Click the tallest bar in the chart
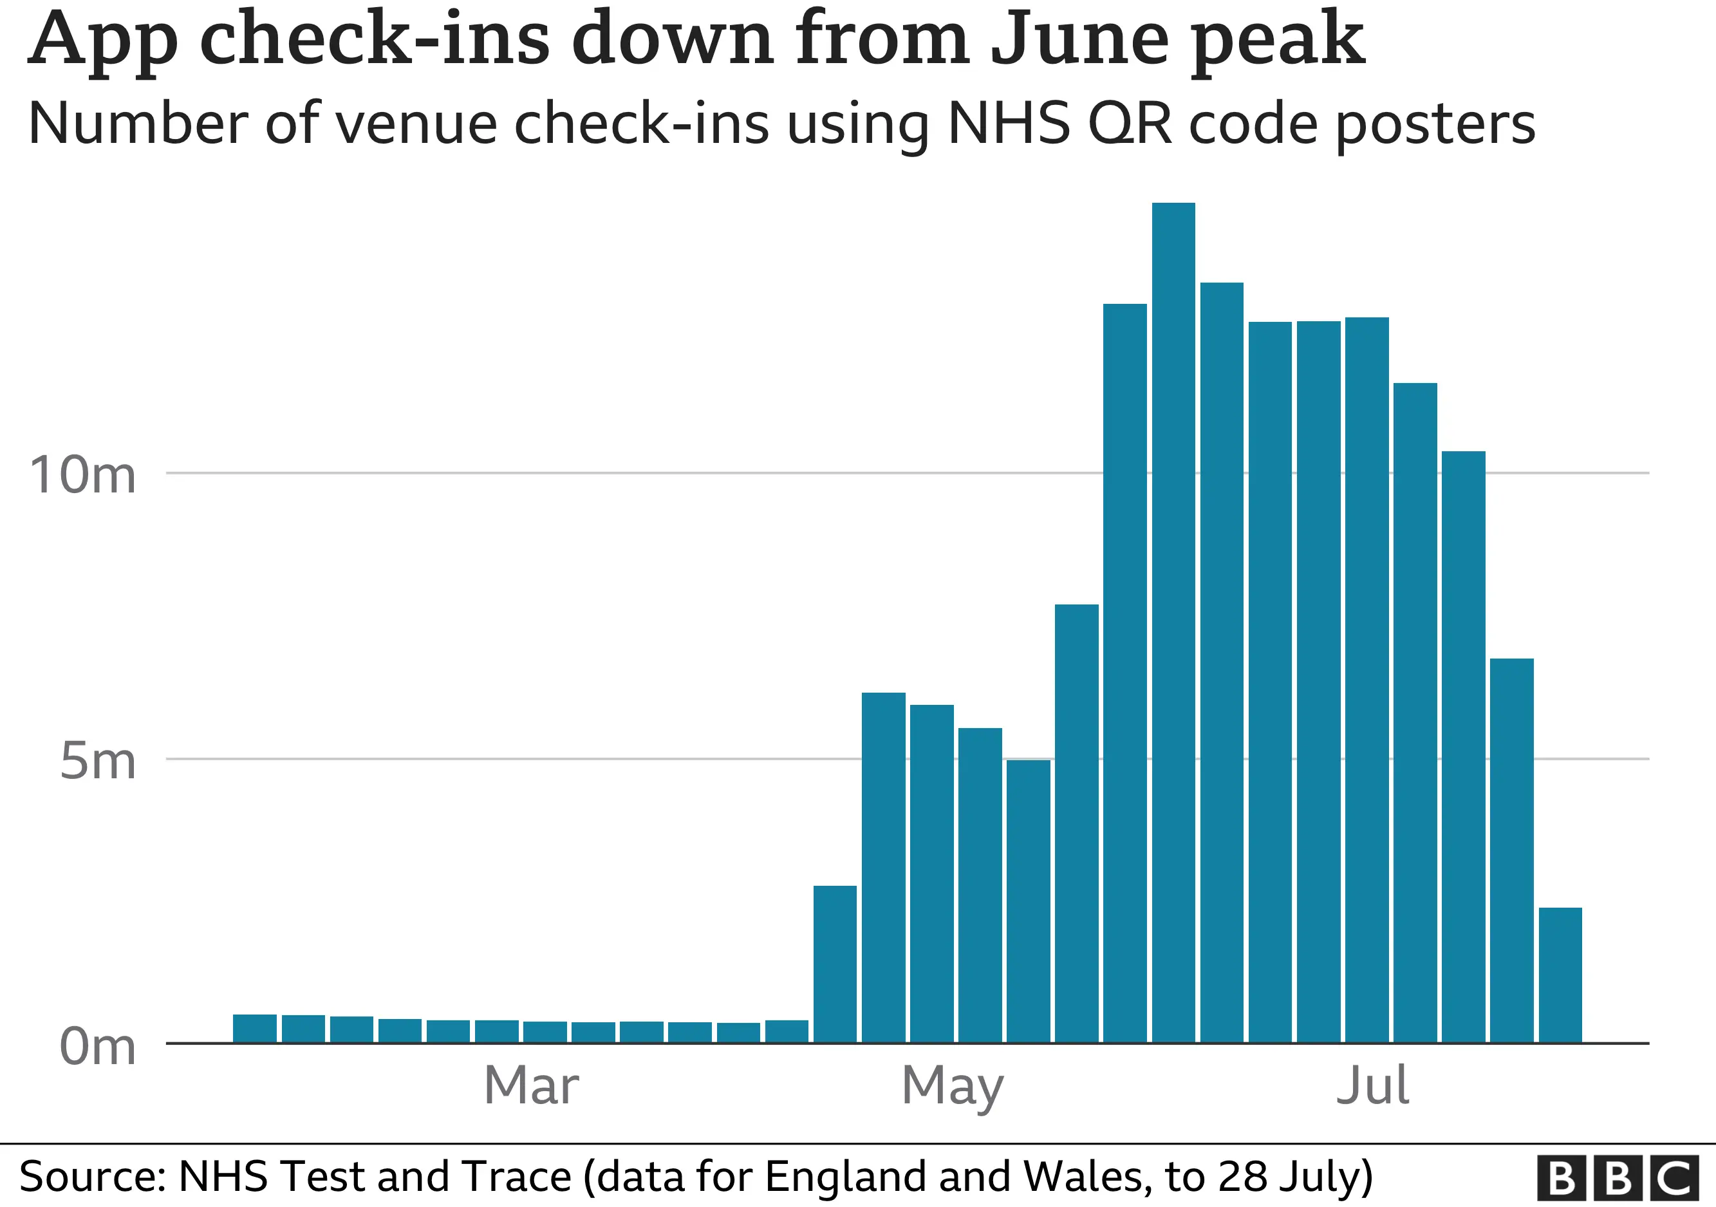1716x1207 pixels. point(1173,621)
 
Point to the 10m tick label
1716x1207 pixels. point(82,475)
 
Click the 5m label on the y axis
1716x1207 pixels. point(97,762)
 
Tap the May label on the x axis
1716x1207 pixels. point(952,1085)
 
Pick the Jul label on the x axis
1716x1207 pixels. point(1372,1085)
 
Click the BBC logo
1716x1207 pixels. point(1618,1179)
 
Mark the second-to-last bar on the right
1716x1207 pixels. point(1511,850)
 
